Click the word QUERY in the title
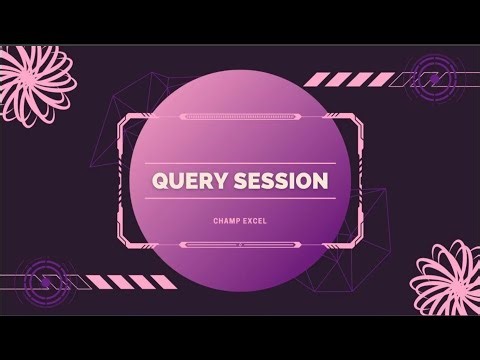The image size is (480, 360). [188, 182]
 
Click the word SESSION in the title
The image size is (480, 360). [280, 182]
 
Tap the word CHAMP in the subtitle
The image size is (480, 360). [225, 213]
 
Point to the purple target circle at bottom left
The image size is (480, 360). [45, 279]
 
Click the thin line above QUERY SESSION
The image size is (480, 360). [240, 163]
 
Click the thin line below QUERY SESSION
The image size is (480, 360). [240, 200]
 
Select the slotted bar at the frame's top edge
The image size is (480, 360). [240, 117]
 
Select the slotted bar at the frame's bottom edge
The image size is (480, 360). [240, 244]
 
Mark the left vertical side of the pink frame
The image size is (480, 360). [122, 180]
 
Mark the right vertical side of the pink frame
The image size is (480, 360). [359, 180]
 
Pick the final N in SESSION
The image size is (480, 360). [320, 182]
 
